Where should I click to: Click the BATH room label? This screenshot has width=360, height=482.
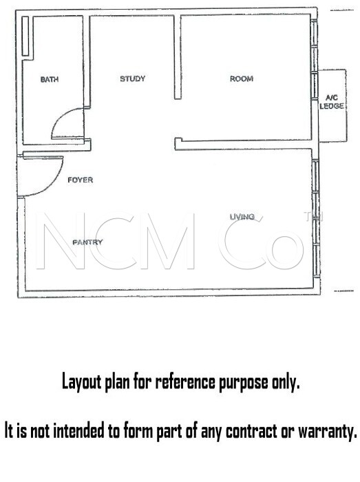pos(50,80)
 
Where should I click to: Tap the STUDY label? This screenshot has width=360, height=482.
pos(132,78)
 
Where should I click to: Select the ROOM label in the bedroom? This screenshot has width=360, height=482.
pos(242,78)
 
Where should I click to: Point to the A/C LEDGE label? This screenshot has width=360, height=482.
pos(332,102)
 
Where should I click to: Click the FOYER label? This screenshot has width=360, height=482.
pos(80,180)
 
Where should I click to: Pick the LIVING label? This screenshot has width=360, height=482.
pos(242,217)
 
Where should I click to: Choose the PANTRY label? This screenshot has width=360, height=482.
pos(87,242)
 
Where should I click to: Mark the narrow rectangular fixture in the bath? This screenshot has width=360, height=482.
pos(25,36)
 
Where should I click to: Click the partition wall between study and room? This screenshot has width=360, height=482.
pos(178,57)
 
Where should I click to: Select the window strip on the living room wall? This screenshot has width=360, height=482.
pos(315,218)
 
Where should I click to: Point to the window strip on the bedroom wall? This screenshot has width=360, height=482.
pos(314,59)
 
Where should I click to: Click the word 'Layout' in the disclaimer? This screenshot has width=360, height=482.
pos(82,382)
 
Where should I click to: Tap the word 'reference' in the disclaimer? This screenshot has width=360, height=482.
pos(185,381)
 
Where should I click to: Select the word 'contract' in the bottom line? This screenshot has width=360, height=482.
pos(251,430)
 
